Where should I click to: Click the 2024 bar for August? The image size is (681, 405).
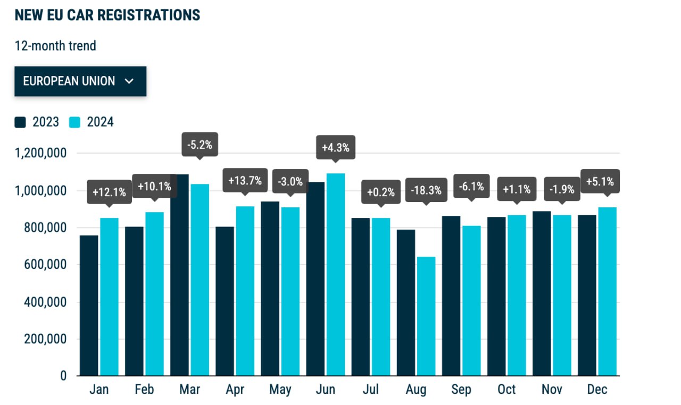(426, 316)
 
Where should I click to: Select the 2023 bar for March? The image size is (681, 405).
(179, 275)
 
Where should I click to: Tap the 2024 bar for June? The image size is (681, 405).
(336, 274)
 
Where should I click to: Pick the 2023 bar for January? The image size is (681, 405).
(89, 306)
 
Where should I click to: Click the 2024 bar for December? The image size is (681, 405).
(608, 291)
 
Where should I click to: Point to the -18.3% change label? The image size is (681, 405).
(426, 190)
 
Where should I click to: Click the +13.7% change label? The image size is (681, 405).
(245, 180)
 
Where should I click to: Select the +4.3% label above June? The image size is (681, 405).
(336, 148)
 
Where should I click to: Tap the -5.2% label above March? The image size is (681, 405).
(200, 145)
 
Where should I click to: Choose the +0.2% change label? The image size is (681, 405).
(381, 192)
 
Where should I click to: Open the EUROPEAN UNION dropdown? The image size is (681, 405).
(80, 81)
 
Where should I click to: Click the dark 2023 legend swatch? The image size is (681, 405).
(20, 122)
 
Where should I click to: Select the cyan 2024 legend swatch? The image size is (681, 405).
(74, 122)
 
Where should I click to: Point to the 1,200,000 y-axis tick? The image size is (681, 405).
(41, 153)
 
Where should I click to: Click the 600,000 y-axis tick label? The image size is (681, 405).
(45, 265)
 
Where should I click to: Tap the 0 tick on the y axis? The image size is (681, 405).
(63, 376)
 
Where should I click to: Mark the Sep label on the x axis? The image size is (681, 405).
(461, 390)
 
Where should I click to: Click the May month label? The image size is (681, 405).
(280, 390)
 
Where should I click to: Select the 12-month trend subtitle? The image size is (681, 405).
(55, 46)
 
